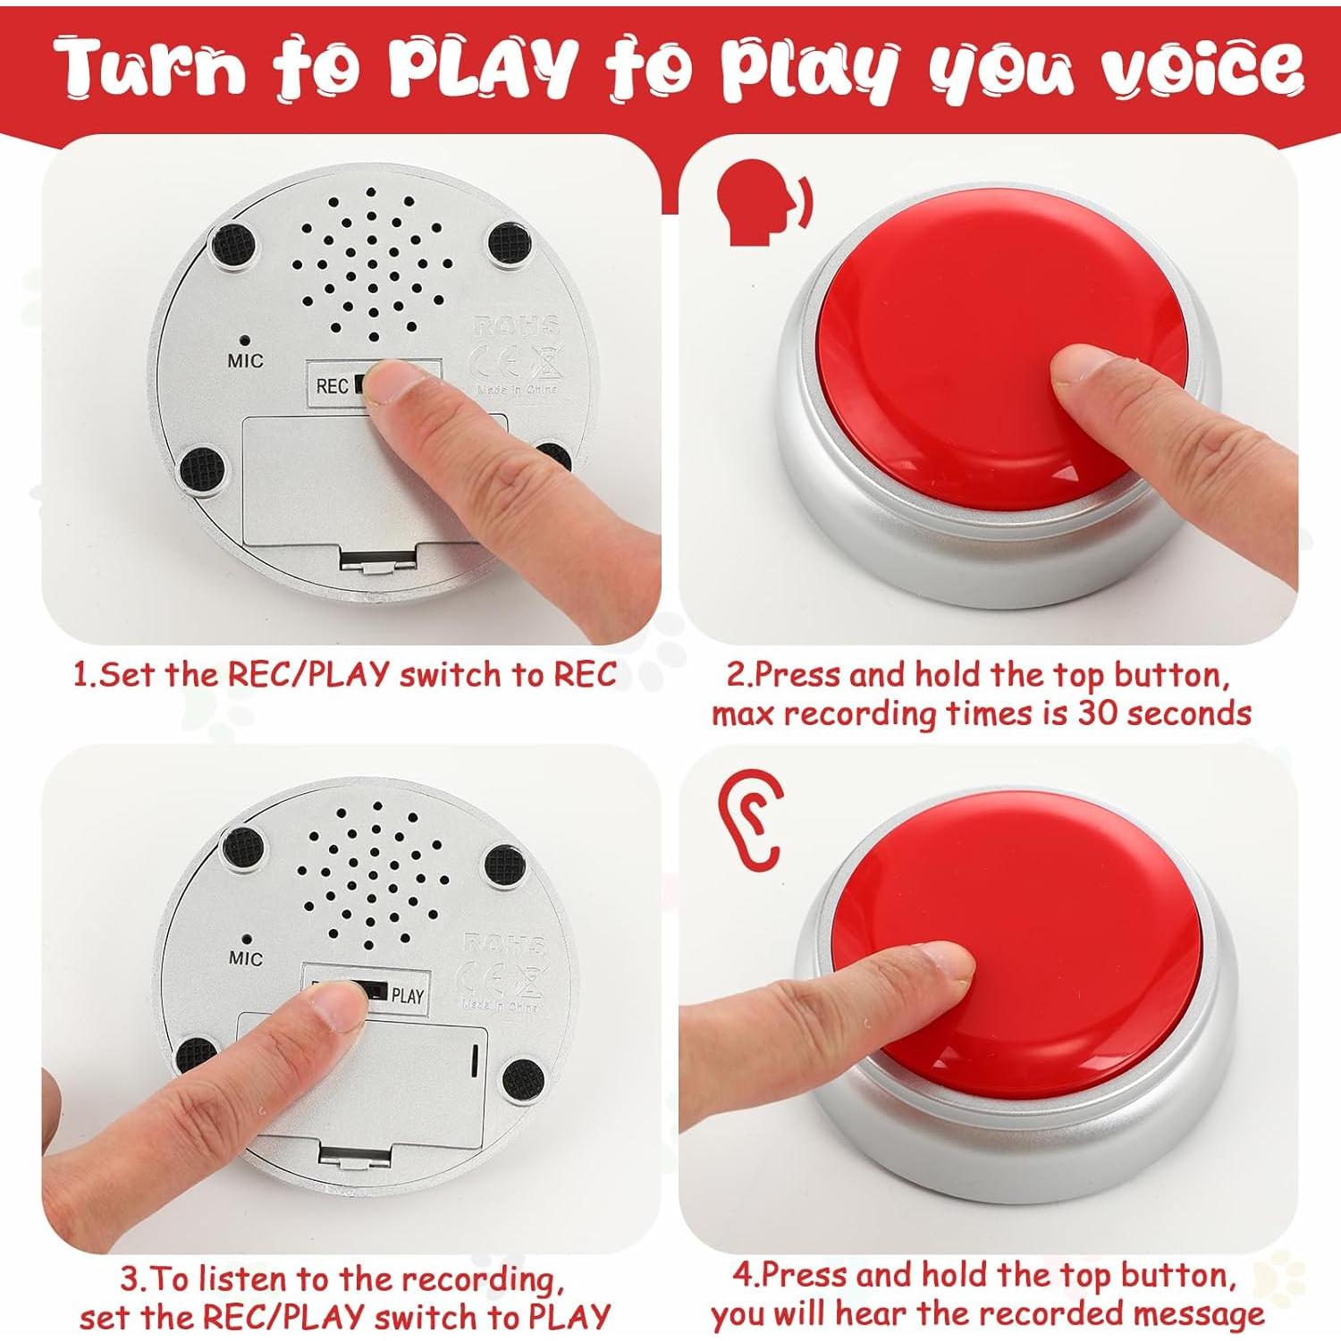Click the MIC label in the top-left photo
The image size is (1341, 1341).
coord(245,361)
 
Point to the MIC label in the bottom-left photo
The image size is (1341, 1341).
coord(245,958)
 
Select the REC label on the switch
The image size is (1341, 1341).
coord(332,386)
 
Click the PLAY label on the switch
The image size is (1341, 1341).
coord(408,996)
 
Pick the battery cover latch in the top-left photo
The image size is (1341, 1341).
coord(378,561)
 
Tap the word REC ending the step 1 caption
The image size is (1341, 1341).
coord(585,675)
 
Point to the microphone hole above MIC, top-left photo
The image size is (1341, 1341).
coord(244,340)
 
